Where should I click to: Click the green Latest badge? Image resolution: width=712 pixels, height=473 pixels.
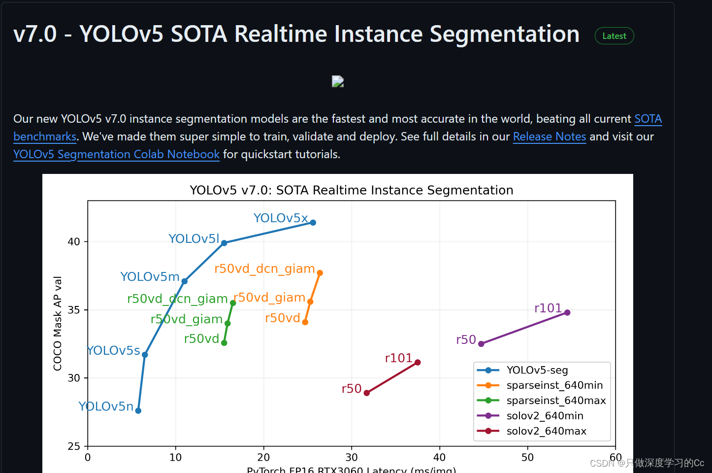click(x=614, y=36)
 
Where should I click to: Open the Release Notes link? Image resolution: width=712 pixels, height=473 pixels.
click(x=550, y=136)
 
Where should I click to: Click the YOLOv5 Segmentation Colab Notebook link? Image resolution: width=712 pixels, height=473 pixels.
click(x=116, y=154)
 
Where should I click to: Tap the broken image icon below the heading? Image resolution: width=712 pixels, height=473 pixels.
click(x=338, y=81)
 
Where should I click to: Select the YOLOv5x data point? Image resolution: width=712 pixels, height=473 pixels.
click(x=313, y=223)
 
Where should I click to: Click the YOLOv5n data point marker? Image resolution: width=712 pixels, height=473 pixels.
click(x=138, y=410)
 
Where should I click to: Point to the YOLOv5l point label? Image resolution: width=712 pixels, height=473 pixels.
click(x=194, y=239)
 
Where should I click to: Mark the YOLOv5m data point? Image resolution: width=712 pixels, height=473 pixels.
click(x=185, y=281)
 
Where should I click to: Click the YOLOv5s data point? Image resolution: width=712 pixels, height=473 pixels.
click(x=145, y=355)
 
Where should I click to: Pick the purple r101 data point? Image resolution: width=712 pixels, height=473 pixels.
click(x=567, y=312)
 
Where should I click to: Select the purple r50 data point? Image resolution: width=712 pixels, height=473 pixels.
click(x=481, y=344)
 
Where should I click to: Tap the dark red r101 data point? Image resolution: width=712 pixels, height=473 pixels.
click(x=418, y=363)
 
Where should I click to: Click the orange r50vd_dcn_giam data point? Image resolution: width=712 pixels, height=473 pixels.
click(x=320, y=273)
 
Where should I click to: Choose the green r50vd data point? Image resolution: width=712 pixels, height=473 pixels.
click(x=224, y=343)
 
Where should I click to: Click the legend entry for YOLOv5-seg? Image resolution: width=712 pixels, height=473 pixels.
click(x=537, y=370)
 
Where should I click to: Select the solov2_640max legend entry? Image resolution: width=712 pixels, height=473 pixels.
click(x=546, y=431)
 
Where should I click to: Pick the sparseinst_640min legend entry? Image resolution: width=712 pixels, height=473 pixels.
click(x=554, y=385)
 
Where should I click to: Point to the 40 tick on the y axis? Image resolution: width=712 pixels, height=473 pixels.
click(x=74, y=242)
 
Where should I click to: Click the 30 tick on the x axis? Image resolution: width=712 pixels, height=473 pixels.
click(x=352, y=457)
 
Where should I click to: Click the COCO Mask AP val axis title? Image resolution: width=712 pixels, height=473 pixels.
click(x=58, y=323)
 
